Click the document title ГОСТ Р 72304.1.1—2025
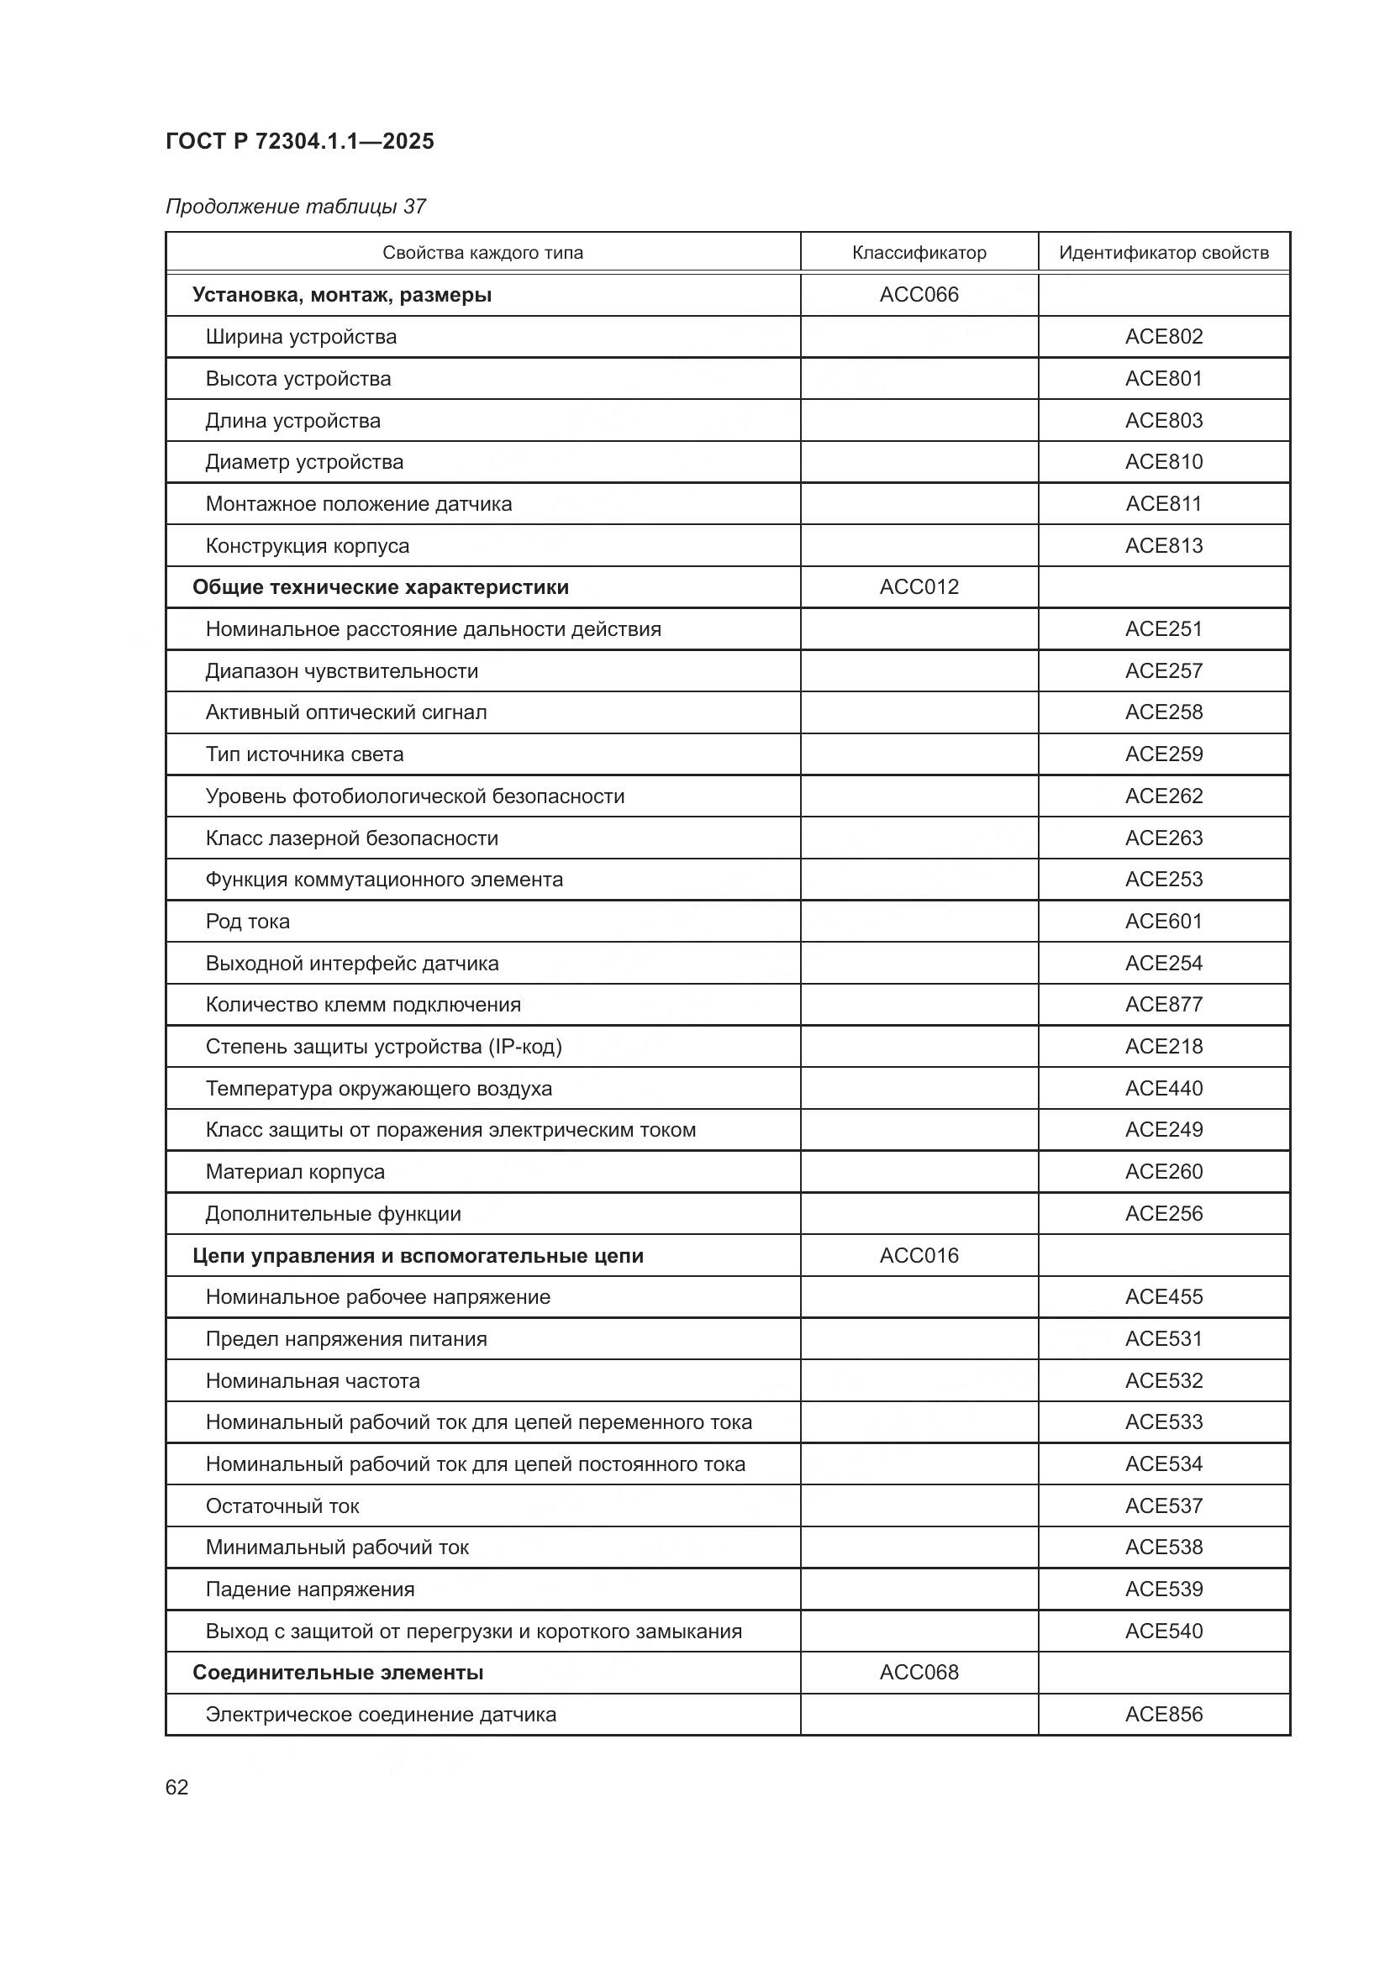click(x=299, y=141)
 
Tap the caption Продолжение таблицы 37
click(x=295, y=207)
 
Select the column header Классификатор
click(x=919, y=253)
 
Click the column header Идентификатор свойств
click(x=1163, y=253)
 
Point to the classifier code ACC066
click(x=919, y=294)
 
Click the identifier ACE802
click(x=1163, y=336)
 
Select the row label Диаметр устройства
click(x=304, y=462)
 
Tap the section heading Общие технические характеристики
click(x=380, y=587)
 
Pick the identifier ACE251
click(x=1163, y=629)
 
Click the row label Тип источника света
click(x=304, y=754)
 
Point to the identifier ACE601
click(x=1163, y=921)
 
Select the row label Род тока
click(x=247, y=921)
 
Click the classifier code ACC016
click(x=919, y=1255)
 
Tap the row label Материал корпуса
click(x=294, y=1172)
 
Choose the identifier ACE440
click(x=1163, y=1089)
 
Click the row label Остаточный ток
click(x=282, y=1505)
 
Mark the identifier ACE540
click(x=1163, y=1631)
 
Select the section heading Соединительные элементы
click(x=337, y=1673)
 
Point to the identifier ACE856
click(x=1163, y=1715)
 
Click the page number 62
click(x=176, y=1787)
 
